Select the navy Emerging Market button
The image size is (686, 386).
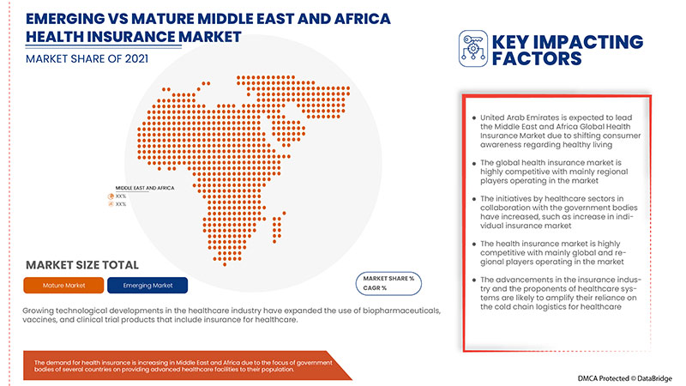(x=148, y=284)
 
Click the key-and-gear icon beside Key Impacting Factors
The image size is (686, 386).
(x=472, y=49)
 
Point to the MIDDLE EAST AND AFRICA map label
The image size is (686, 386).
(x=145, y=188)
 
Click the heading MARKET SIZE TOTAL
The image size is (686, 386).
(x=82, y=264)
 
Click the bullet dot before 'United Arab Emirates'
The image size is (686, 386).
(x=472, y=118)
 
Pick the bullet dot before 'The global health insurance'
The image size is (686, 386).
(x=472, y=161)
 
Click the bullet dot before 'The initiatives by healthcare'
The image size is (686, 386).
(x=472, y=199)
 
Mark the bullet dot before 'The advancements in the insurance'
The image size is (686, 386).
(x=472, y=280)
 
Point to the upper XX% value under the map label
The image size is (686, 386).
(x=121, y=196)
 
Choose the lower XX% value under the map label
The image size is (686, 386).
(x=121, y=204)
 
